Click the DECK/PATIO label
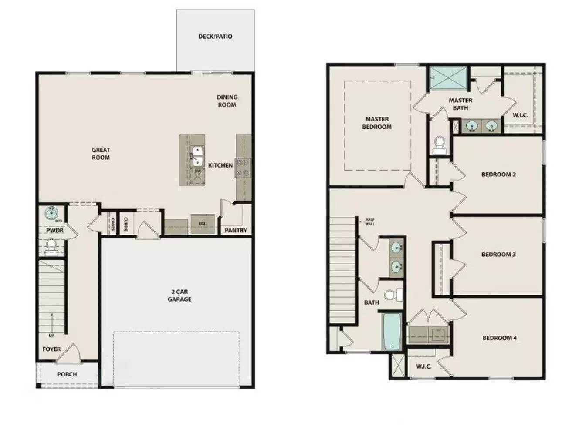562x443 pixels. (x=215, y=37)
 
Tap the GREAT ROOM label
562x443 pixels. (x=101, y=154)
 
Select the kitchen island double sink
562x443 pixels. (x=197, y=156)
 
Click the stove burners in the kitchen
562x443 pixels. (x=243, y=168)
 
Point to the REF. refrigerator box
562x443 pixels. (x=203, y=224)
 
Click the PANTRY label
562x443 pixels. (x=236, y=230)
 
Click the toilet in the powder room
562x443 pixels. (x=52, y=245)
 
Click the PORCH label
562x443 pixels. (x=67, y=374)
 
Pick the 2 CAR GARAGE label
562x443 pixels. (x=179, y=295)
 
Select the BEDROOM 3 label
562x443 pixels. (x=498, y=254)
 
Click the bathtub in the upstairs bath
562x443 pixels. (x=391, y=332)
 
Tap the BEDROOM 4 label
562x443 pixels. (x=499, y=338)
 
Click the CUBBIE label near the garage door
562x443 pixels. (x=125, y=224)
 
